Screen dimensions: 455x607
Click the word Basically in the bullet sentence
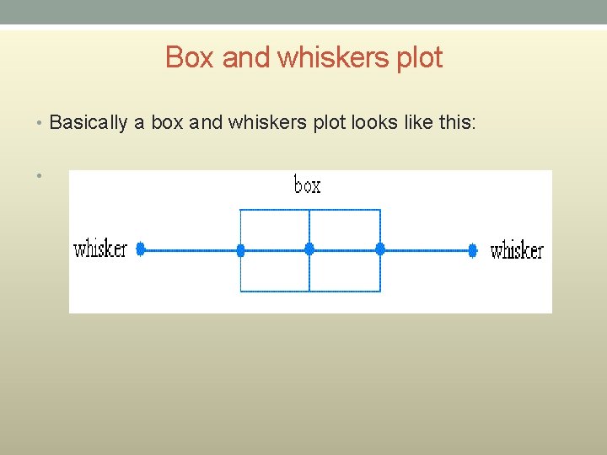89,123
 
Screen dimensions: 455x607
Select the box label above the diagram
307,185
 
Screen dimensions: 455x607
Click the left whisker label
100,249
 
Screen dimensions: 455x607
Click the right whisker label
517,250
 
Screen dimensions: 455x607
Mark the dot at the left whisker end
141,249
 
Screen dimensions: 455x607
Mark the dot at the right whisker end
473,250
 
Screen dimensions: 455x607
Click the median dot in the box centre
309,249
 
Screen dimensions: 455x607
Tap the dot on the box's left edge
240,250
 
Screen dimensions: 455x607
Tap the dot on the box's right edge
380,249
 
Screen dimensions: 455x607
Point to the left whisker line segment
191,250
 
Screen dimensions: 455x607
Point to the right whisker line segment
427,250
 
